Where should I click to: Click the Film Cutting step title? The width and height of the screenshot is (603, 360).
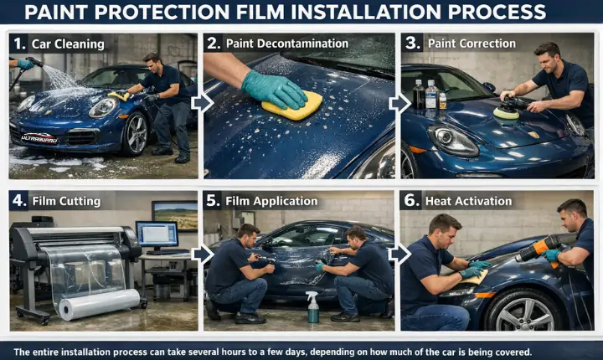[x=66, y=201]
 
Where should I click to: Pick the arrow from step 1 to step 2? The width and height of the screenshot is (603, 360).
[x=201, y=103]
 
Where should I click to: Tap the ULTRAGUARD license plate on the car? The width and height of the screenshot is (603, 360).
[x=39, y=137]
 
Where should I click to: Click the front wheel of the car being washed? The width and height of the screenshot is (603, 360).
[x=135, y=134]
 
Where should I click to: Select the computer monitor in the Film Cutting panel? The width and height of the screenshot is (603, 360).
[x=157, y=234]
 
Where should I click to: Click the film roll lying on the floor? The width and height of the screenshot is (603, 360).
[x=100, y=304]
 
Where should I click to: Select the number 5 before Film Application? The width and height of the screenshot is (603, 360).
[x=212, y=201]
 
